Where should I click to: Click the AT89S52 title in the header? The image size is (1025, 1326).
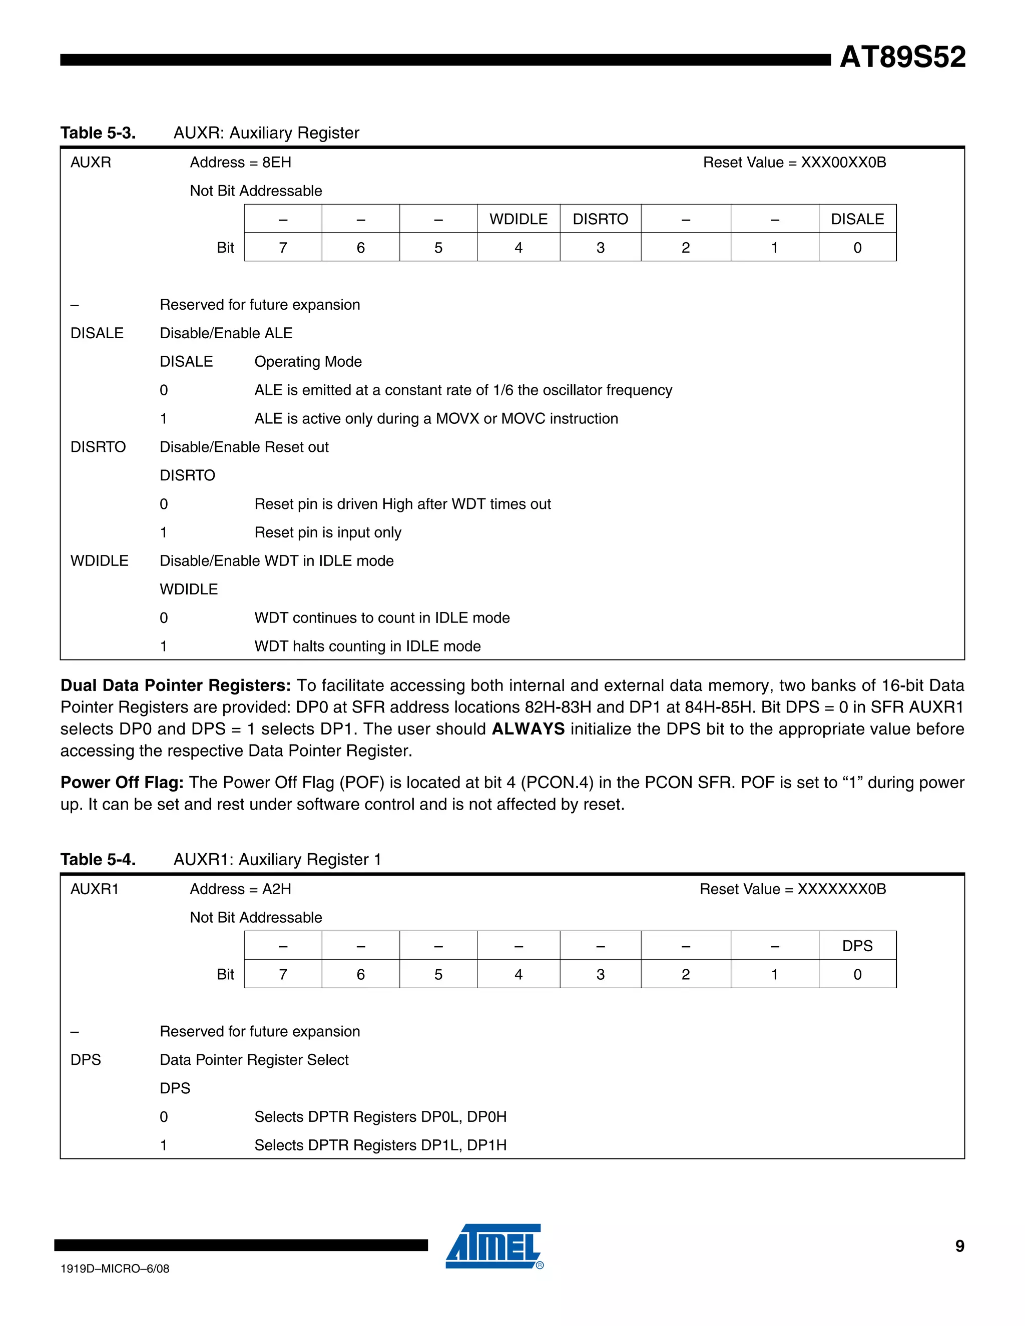click(902, 57)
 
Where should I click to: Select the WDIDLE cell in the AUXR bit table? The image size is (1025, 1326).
click(518, 219)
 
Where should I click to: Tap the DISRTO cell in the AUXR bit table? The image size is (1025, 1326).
click(600, 219)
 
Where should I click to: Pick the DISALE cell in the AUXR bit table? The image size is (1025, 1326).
click(857, 219)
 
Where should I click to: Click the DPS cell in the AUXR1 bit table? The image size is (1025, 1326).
click(857, 946)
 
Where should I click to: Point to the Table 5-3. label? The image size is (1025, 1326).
click(98, 133)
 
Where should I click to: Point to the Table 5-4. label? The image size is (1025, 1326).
click(98, 860)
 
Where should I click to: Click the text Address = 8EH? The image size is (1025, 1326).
click(240, 163)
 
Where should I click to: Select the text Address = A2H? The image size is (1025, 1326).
click(240, 890)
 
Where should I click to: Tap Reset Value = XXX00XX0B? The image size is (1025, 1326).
click(794, 163)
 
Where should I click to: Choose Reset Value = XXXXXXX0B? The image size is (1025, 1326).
click(792, 890)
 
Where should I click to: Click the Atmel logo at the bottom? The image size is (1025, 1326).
click(493, 1246)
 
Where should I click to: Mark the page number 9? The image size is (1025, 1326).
click(959, 1246)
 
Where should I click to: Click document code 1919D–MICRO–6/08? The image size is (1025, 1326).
click(115, 1269)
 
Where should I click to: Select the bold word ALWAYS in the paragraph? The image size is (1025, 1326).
click(528, 729)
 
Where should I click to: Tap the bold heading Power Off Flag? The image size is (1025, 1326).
click(122, 783)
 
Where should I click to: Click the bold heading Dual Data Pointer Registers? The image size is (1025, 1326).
click(176, 686)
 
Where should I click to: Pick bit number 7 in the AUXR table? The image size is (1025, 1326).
click(283, 248)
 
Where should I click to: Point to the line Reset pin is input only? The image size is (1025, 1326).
click(327, 532)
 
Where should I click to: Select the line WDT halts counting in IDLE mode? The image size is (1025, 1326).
click(367, 646)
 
